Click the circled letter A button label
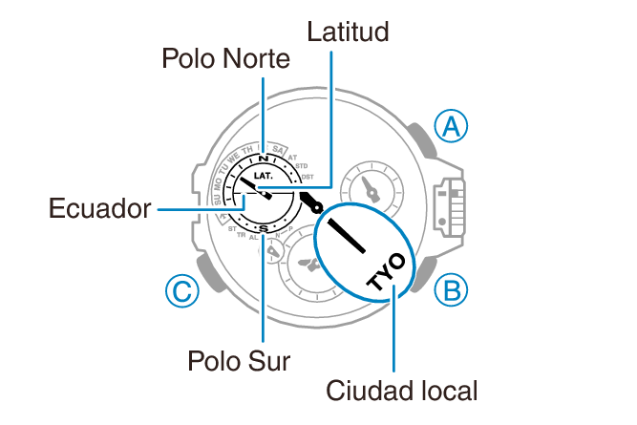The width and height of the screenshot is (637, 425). click(x=451, y=125)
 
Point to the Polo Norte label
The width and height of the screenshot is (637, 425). click(x=225, y=60)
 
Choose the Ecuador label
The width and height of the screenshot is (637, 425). click(x=100, y=207)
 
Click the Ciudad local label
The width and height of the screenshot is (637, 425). click(x=401, y=391)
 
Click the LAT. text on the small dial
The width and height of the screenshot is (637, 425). click(x=265, y=177)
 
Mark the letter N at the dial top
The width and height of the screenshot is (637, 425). click(x=263, y=158)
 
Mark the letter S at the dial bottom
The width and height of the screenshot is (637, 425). click(x=263, y=228)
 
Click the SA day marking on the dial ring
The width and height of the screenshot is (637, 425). click(x=278, y=149)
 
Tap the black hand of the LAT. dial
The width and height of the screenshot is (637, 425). click(x=256, y=185)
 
